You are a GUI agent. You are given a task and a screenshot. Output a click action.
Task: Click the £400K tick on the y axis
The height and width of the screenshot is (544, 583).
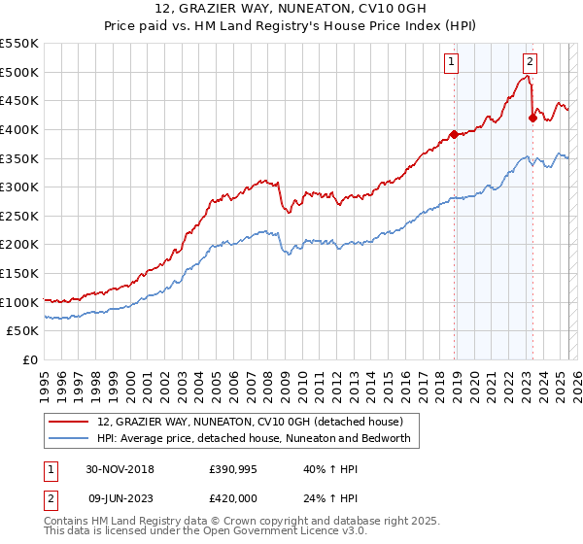tap(20, 129)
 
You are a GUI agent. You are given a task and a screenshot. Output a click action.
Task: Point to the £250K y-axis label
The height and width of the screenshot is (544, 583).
tap(20, 216)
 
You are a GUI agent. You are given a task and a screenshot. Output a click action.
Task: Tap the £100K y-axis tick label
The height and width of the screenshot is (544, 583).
tap(20, 302)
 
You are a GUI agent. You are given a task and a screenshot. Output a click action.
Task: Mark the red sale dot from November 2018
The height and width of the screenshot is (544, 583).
tap(454, 134)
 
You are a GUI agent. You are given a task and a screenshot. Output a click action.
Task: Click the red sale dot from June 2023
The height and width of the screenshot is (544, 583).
tap(532, 118)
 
